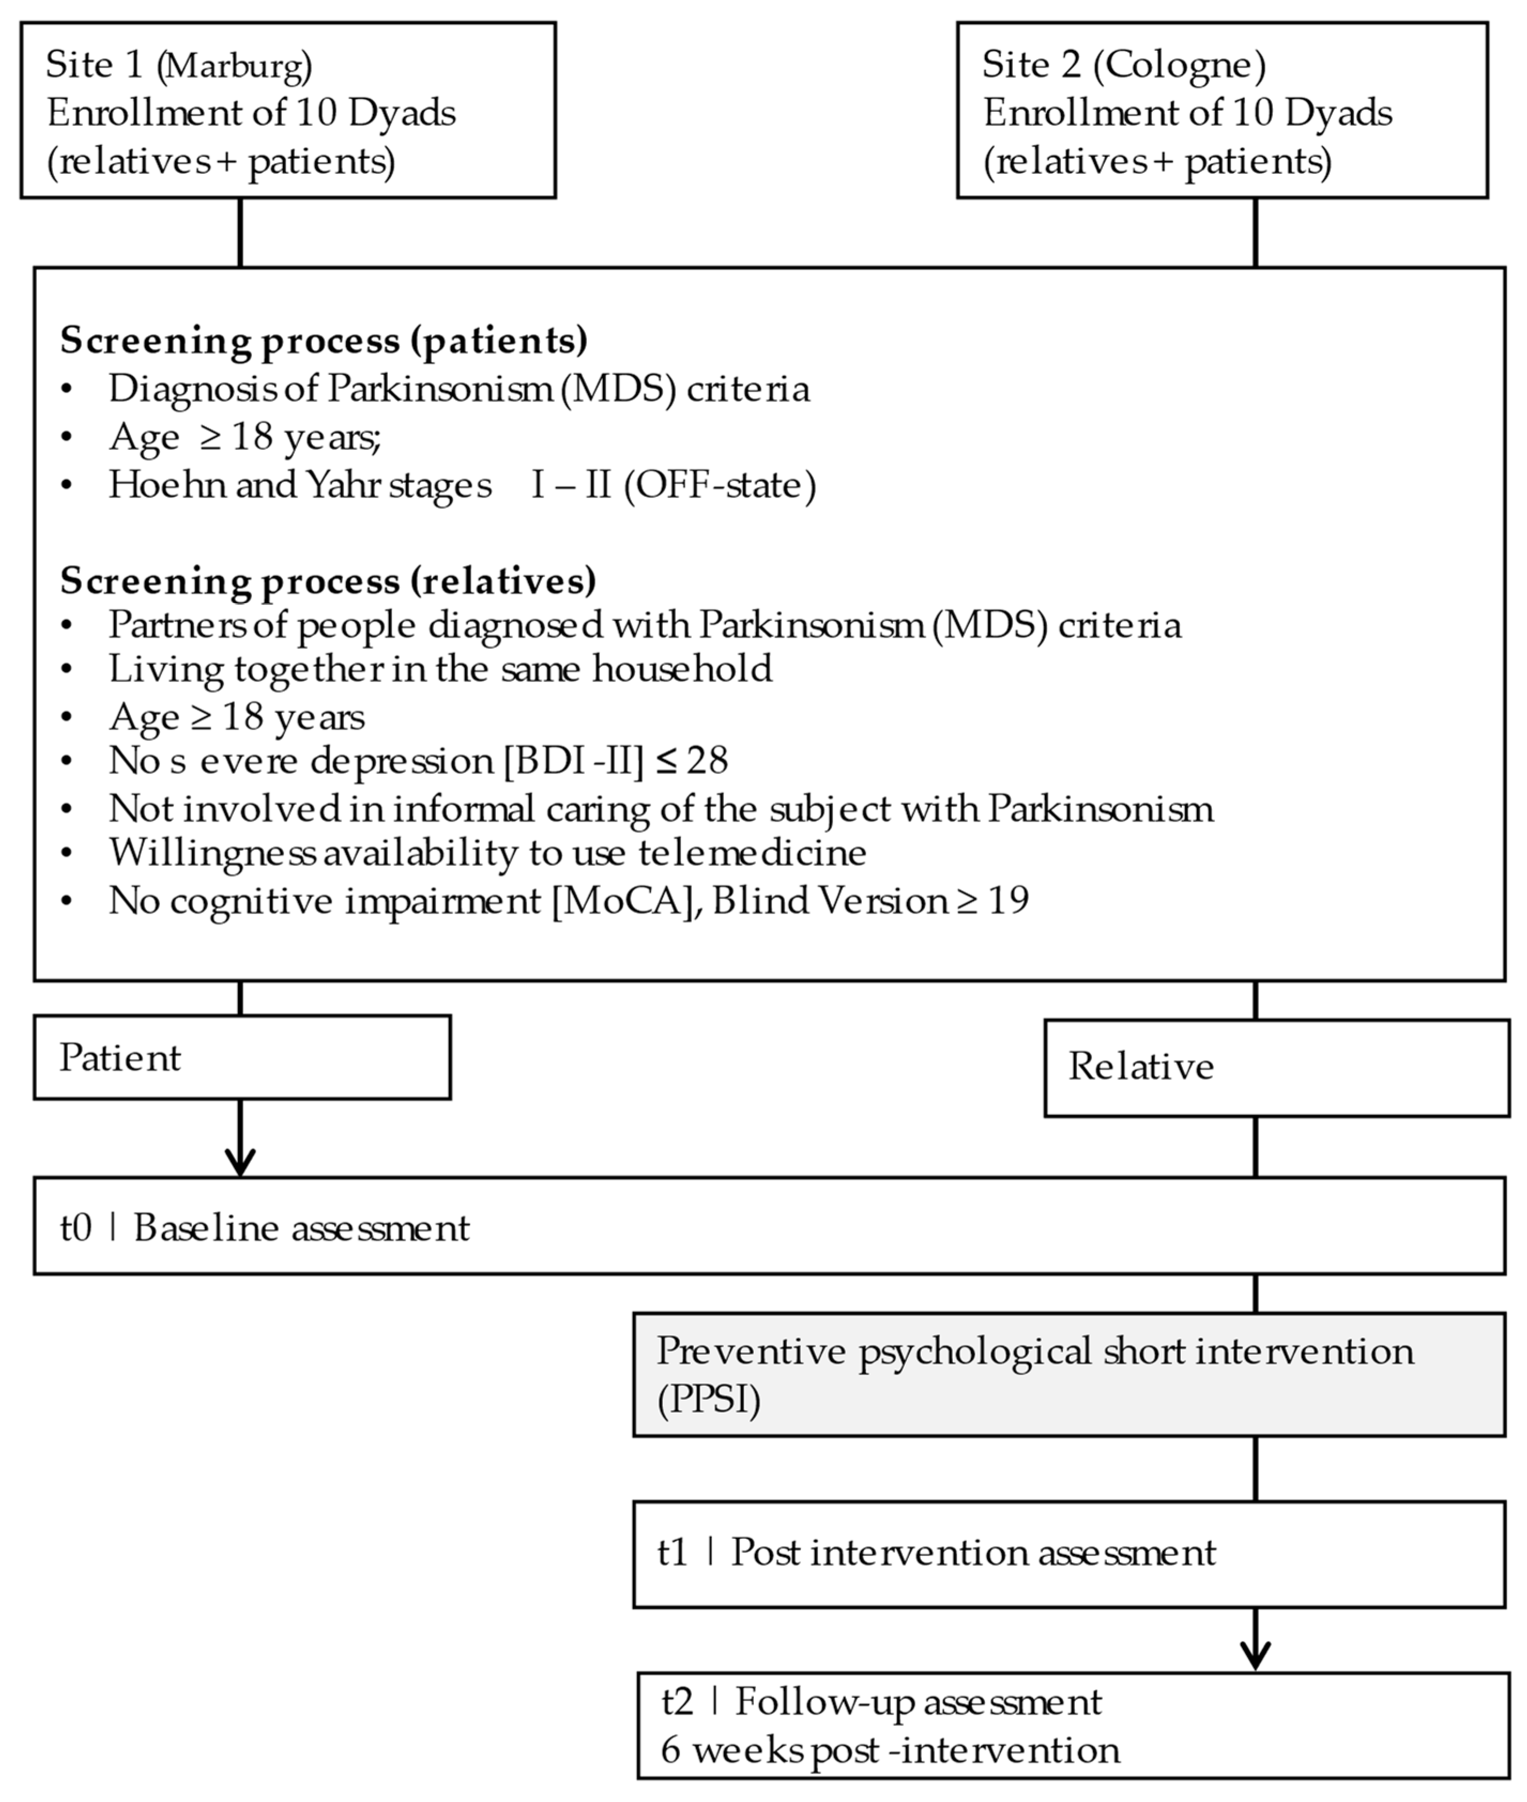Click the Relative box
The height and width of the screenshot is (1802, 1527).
click(x=1277, y=1067)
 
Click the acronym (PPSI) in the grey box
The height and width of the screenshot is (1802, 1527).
click(x=709, y=1400)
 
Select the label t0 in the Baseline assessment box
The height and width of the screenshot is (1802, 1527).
click(x=75, y=1228)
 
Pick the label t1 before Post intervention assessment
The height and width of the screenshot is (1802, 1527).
click(x=673, y=1552)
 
